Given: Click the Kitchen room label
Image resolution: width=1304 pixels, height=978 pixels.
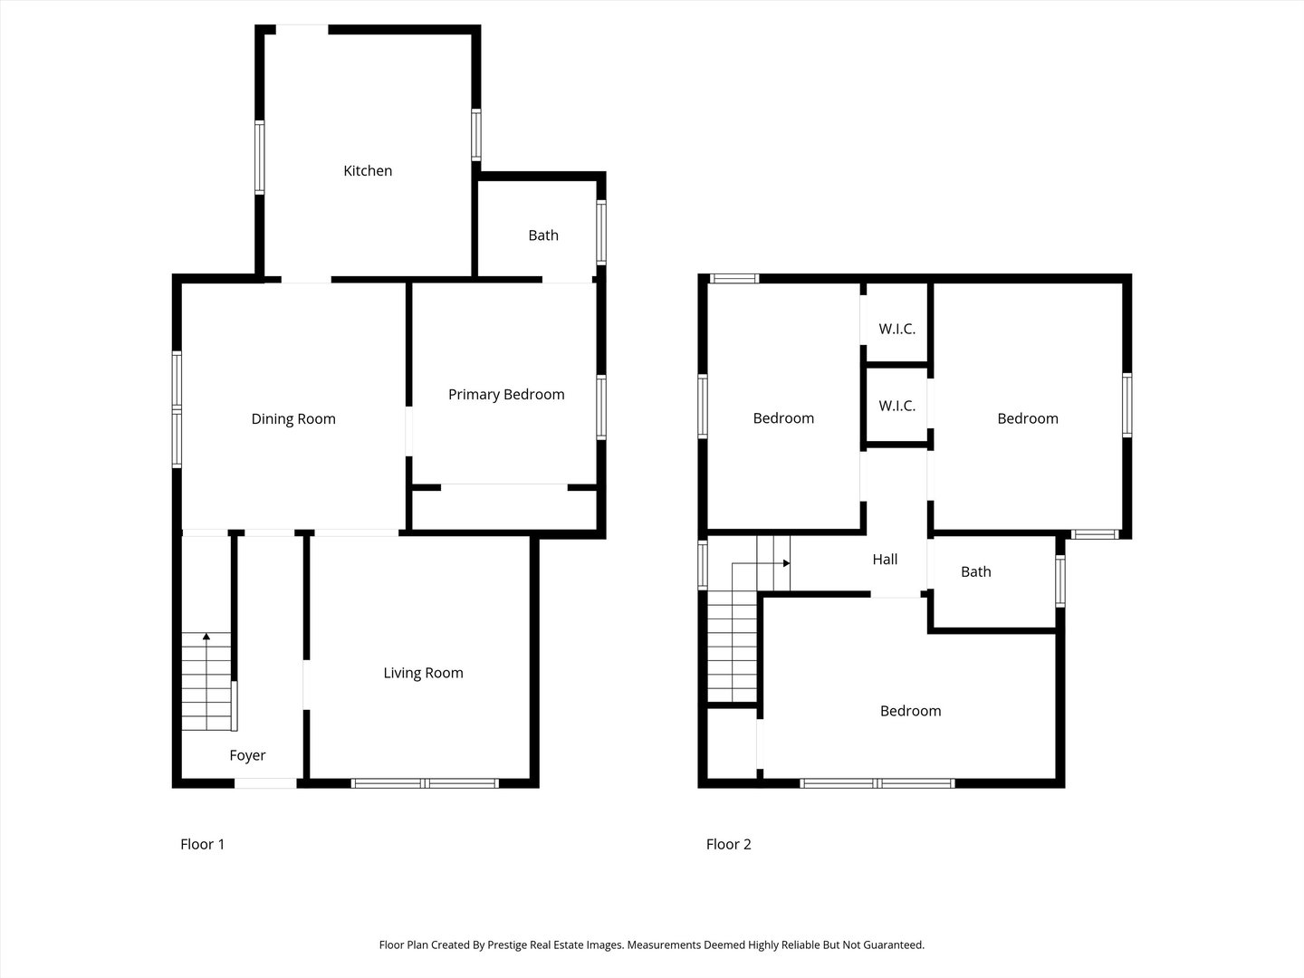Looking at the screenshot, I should pos(368,170).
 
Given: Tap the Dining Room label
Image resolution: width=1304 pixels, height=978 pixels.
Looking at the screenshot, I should pos(293,418).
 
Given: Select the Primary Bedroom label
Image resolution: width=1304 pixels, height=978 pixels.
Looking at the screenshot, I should pos(506,394).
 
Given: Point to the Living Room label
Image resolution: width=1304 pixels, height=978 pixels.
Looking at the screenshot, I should pos(423,673).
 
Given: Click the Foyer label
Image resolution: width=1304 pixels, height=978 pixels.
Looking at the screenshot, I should pos(247,755).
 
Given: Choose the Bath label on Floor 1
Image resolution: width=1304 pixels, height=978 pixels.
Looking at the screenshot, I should pos(543,235).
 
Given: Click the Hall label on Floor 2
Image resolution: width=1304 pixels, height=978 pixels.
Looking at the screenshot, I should pos(885,560).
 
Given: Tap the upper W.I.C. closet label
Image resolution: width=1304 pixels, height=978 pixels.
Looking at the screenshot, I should pos(896,329).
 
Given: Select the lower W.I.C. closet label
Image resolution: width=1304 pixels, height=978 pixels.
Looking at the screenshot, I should pos(896,406).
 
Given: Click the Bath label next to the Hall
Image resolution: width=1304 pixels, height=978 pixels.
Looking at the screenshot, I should pos(975,571).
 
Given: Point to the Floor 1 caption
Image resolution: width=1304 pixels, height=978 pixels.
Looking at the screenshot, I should pos(202,844).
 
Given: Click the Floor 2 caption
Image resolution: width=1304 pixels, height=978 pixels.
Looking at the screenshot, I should pos(728,844).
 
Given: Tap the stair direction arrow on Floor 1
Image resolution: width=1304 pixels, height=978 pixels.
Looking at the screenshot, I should pos(206,638).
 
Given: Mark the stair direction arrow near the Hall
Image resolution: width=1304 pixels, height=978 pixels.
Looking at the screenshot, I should pos(786,563).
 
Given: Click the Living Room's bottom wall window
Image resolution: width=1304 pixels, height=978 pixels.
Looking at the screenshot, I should pos(425,783).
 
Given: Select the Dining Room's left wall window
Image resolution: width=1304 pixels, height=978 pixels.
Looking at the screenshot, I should pos(177,410).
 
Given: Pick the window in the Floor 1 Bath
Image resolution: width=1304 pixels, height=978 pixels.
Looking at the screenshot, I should pos(601,233).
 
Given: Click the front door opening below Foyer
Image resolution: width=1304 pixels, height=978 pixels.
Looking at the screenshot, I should pos(265,783).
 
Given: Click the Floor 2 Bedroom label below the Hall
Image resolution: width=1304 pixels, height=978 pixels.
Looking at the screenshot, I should pos(910,711).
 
